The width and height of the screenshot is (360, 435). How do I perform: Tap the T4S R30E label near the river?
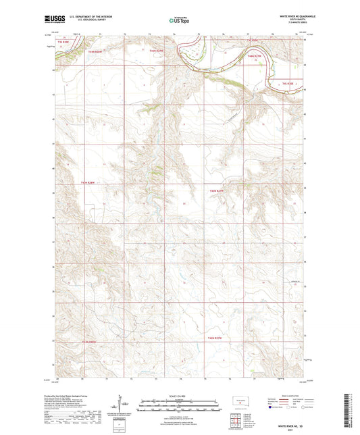pyautogui.click(x=288, y=83)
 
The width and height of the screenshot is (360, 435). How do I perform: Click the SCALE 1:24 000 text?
pyautogui.click(x=180, y=396)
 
